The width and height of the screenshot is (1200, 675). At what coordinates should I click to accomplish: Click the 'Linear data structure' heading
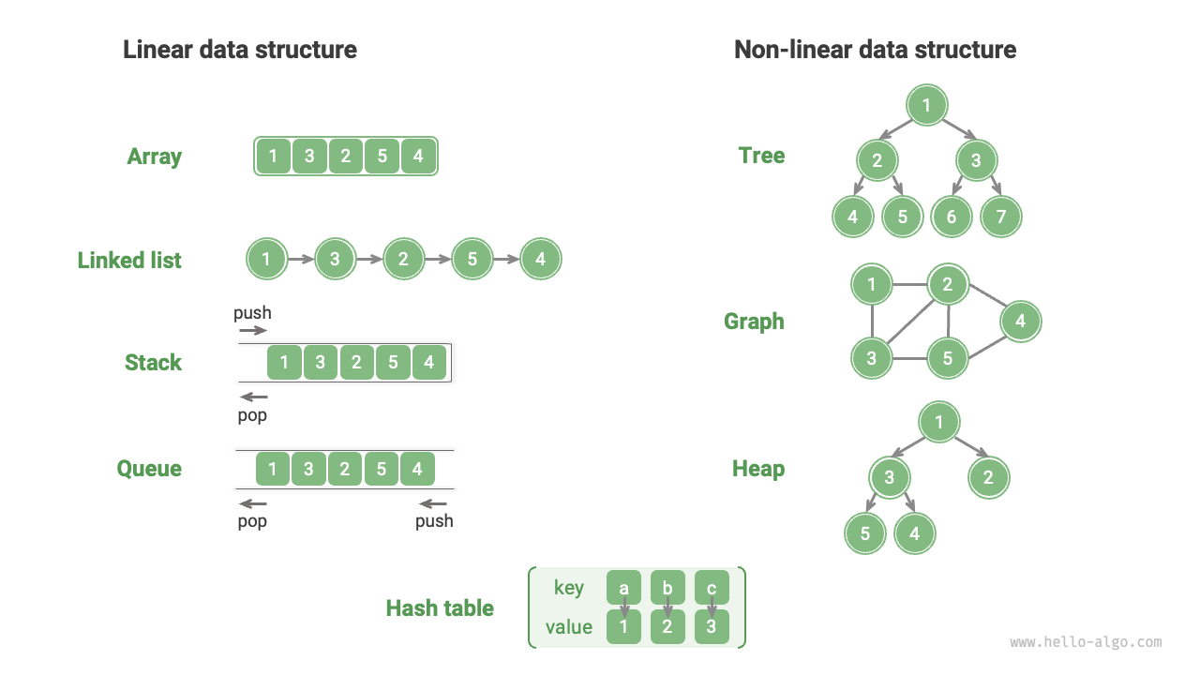click(x=240, y=50)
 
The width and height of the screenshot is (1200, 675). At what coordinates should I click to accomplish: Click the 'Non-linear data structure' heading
click(x=875, y=50)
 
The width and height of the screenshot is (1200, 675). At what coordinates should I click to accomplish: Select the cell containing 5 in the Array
click(x=382, y=157)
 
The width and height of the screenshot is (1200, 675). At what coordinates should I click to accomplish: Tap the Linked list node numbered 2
click(x=403, y=260)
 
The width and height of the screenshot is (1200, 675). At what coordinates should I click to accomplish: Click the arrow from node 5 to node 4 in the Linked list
click(x=506, y=260)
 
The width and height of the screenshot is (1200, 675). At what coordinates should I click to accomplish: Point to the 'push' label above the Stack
click(x=252, y=313)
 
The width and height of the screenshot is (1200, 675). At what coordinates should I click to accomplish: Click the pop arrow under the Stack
click(x=253, y=397)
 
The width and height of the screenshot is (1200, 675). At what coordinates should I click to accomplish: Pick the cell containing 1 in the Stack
click(x=284, y=363)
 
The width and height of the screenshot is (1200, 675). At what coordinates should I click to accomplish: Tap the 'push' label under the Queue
click(x=434, y=521)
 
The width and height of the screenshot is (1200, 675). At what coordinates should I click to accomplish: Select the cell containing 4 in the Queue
click(x=417, y=469)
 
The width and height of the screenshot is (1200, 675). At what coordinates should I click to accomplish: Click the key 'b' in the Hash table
click(x=667, y=589)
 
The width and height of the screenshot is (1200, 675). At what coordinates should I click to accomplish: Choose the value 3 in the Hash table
click(x=712, y=627)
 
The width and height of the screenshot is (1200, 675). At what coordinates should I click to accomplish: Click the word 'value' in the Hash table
click(x=569, y=627)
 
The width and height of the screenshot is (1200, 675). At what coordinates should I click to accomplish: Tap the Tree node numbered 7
click(x=1000, y=217)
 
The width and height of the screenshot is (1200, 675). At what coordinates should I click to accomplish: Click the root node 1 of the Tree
click(x=926, y=105)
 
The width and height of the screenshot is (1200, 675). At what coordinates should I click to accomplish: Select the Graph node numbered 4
click(x=1020, y=322)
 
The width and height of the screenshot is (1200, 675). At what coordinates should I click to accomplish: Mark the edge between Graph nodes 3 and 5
click(x=908, y=359)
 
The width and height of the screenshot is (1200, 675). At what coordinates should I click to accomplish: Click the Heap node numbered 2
click(x=988, y=478)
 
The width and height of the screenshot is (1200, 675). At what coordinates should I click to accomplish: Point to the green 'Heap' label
click(x=757, y=469)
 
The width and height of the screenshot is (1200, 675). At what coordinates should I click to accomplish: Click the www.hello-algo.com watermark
click(x=1086, y=643)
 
